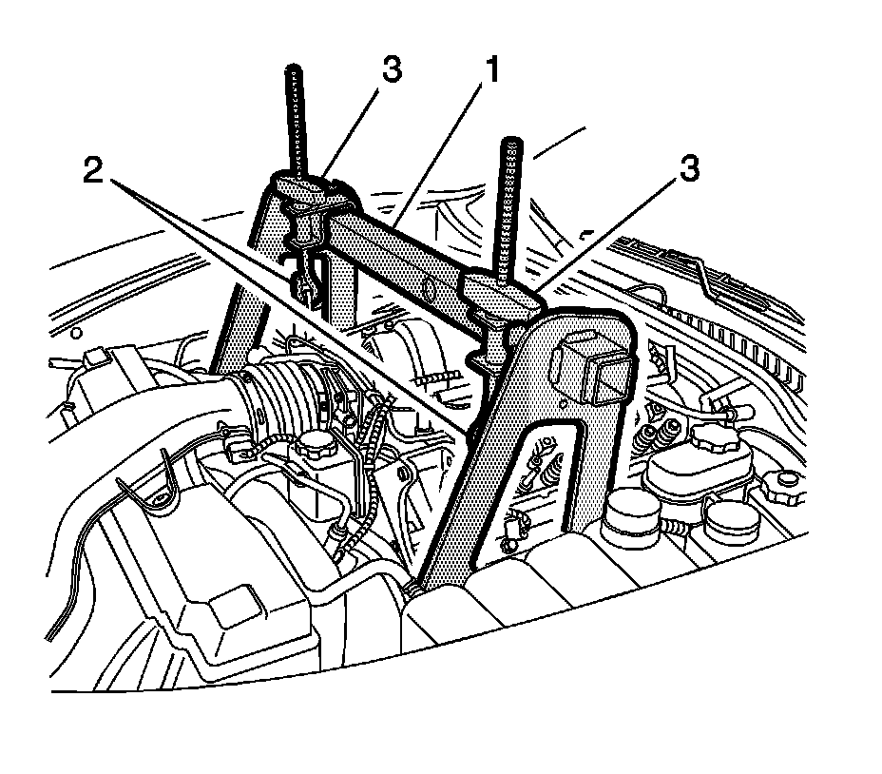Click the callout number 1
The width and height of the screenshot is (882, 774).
click(x=490, y=69)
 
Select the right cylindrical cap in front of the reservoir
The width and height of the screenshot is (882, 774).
click(x=728, y=516)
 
